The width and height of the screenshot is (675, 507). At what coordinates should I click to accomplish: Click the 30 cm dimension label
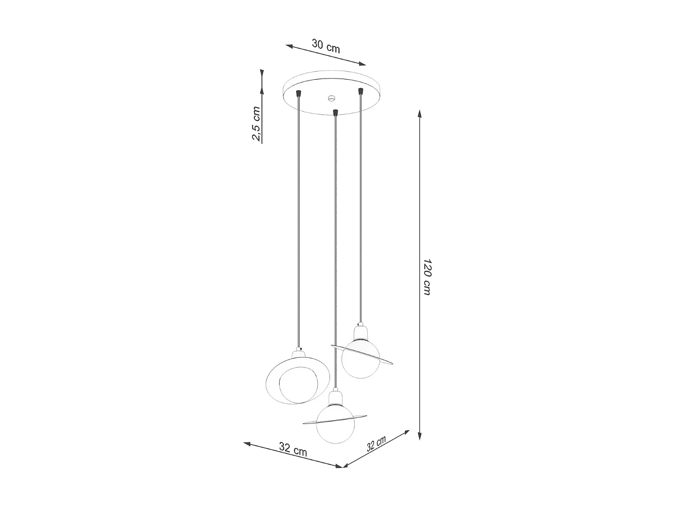pos(326,46)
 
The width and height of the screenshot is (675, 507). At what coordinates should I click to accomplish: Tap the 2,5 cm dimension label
pos(256,124)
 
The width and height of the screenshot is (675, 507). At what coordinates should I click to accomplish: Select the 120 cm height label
pos(427,277)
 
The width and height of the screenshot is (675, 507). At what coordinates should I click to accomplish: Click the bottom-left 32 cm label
pos(293,449)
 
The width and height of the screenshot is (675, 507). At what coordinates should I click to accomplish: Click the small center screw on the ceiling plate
pos(332,98)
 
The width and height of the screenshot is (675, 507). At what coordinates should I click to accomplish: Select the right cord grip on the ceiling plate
pos(360,91)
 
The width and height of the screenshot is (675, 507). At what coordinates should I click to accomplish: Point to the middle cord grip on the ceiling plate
pos(334,112)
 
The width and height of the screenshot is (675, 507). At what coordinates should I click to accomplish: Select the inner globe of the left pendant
pos(297,385)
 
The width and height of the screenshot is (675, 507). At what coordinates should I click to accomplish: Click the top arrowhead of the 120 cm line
pos(420,114)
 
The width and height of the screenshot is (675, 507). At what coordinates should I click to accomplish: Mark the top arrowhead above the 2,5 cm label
pos(261,73)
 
